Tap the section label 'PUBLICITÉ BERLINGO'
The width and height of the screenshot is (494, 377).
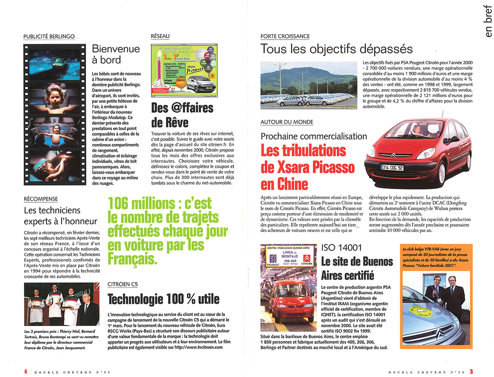(49, 36)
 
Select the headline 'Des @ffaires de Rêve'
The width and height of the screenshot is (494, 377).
(182, 115)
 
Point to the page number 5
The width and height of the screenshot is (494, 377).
(472, 371)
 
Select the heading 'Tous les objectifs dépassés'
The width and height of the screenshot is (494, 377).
(336, 49)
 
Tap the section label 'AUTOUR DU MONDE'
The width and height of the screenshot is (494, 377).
(287, 122)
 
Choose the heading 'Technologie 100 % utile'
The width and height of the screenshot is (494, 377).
(164, 299)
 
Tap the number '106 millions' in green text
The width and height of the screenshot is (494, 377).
(139, 203)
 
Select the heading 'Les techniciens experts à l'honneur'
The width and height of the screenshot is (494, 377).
(60, 216)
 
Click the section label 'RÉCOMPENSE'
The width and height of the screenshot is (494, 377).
(41, 199)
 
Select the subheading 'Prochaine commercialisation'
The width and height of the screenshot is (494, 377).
(314, 136)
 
